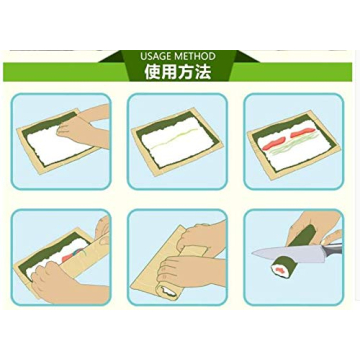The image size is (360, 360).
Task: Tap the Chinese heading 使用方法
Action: (x=178, y=71)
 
